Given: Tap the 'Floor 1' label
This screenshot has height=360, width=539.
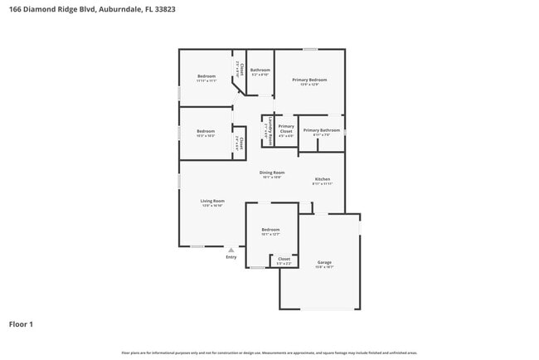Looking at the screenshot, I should pyautogui.click(x=22, y=324).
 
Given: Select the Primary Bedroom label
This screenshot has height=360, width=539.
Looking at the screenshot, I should pyautogui.click(x=309, y=80).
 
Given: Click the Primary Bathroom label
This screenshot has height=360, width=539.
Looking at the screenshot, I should pyautogui.click(x=321, y=130).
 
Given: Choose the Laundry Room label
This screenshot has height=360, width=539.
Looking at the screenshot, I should pyautogui.click(x=270, y=131).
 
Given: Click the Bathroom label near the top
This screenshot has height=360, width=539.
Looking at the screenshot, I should pyautogui.click(x=260, y=71).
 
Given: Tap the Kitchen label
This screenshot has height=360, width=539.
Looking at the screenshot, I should pyautogui.click(x=322, y=179).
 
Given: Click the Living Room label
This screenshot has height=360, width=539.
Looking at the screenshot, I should pyautogui.click(x=212, y=201).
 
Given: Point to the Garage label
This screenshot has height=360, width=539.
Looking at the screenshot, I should pyautogui.click(x=323, y=263).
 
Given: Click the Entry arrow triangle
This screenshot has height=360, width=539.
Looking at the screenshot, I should pyautogui.click(x=231, y=250).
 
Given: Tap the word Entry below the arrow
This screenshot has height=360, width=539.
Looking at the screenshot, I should pyautogui.click(x=231, y=257).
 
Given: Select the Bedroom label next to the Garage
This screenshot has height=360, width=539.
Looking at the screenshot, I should pyautogui.click(x=271, y=230).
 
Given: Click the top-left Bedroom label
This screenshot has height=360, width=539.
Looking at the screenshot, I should pyautogui.click(x=206, y=76).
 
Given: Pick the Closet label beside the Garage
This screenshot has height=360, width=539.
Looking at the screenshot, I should pyautogui.click(x=284, y=259).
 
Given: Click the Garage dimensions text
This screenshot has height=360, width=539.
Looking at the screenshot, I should pyautogui.click(x=323, y=268).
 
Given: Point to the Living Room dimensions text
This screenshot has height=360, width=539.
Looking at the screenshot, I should pyautogui.click(x=212, y=206).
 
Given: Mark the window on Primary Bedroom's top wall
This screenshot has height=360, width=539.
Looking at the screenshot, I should pyautogui.click(x=309, y=49).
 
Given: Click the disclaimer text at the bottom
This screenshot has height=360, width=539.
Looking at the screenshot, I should pyautogui.click(x=269, y=353).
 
